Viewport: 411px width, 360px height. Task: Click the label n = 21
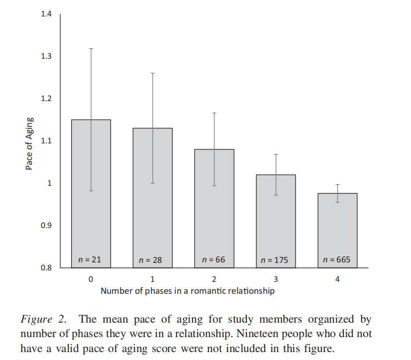(90, 259)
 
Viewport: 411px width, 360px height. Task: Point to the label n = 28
(152, 260)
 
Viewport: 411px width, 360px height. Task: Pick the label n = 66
(213, 259)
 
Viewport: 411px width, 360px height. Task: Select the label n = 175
(275, 260)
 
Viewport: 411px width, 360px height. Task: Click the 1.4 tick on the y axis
(46, 14)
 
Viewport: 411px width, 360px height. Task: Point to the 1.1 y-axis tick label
(46, 141)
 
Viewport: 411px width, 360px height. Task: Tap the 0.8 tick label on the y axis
(46, 268)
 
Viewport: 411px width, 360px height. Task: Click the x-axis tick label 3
(276, 279)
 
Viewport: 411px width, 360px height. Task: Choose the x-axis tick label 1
(152, 279)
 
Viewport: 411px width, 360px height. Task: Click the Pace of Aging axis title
(29, 143)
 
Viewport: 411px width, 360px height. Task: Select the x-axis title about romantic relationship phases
(187, 291)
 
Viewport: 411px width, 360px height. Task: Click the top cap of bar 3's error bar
(275, 155)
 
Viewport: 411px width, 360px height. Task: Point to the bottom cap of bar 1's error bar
(152, 183)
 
